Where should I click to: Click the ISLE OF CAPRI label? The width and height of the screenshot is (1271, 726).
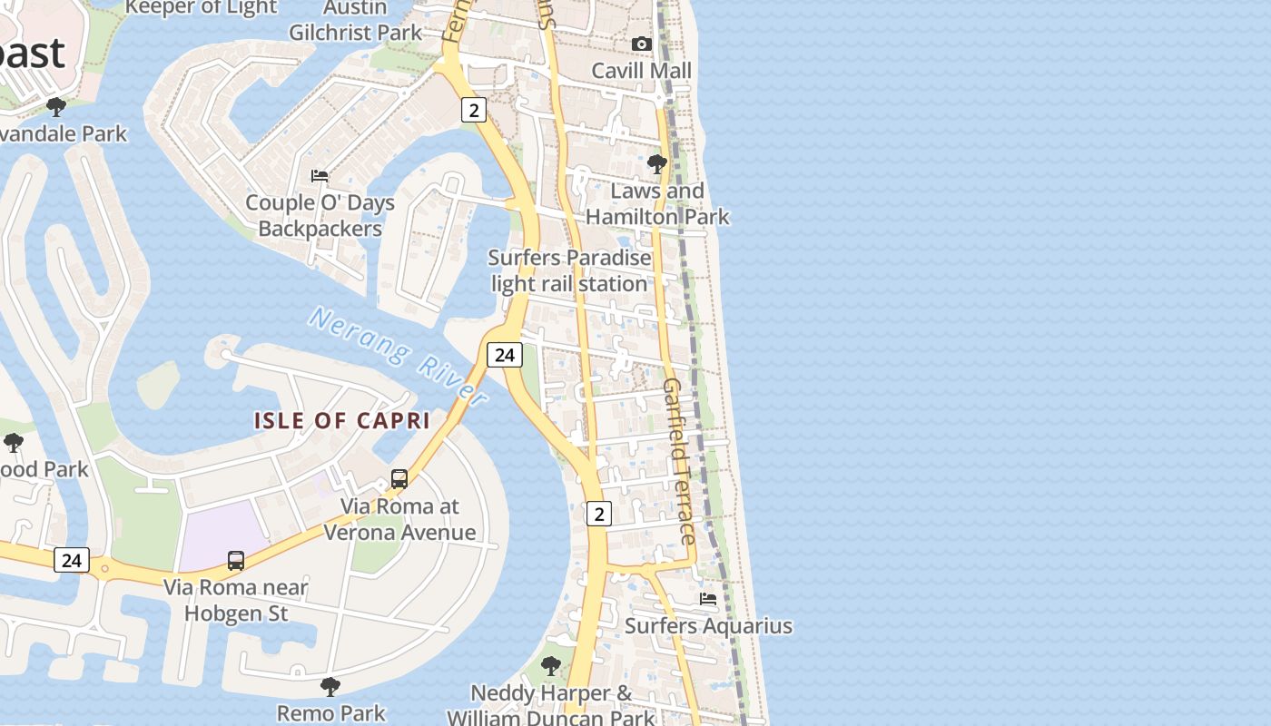pos(341,421)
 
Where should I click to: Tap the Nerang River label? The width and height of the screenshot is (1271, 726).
pos(399,355)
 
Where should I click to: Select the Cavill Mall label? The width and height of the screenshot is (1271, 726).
pos(641,71)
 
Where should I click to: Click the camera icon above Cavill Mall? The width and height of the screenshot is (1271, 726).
pos(641,44)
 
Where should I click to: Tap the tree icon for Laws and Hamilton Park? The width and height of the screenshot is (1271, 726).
pos(657,164)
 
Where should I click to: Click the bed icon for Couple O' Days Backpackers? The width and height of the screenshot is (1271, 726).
pos(320,175)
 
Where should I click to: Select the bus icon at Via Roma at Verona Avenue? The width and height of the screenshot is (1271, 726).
pos(399,478)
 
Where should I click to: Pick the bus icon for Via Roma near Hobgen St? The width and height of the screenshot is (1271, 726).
pos(236,560)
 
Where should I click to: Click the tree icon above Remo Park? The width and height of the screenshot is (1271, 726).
pos(330,686)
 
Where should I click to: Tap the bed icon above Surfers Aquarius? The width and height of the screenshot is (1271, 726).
pos(708,599)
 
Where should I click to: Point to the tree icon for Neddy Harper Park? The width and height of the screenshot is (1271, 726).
pos(550,666)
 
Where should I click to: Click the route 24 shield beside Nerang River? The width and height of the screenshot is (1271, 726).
pos(505,355)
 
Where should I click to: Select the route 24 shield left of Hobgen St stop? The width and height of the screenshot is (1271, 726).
pos(72,560)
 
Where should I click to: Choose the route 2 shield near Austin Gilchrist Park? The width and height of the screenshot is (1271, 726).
pos(473,110)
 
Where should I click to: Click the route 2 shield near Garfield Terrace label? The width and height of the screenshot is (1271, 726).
pos(598,514)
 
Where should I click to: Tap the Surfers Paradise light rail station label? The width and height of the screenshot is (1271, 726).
pos(569,270)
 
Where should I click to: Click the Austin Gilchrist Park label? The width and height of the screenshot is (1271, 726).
pos(356,21)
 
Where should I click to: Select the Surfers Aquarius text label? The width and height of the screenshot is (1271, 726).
pos(708,626)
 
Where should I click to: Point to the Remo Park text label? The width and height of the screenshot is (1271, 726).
pos(330,713)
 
